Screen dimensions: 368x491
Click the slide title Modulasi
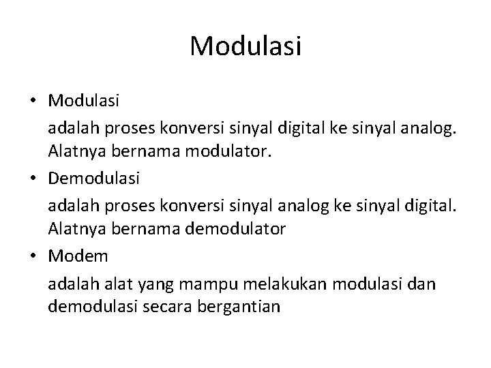245,46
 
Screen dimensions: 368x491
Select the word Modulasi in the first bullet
84,101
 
